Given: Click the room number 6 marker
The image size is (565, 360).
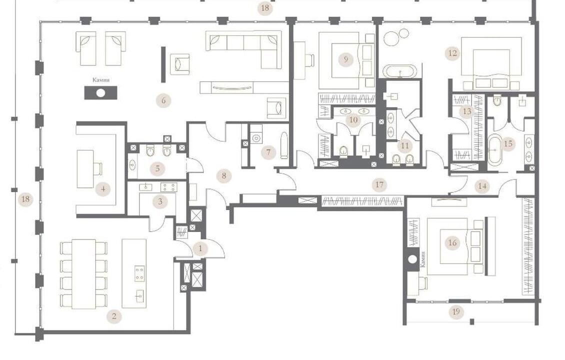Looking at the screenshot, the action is [x=163, y=100].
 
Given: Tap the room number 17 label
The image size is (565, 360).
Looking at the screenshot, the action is [x=379, y=185].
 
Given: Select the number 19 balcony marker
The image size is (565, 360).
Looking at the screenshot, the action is [x=456, y=311].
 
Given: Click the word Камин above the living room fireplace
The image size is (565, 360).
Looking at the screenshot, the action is [x=101, y=80].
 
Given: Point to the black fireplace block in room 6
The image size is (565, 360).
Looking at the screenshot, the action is [x=100, y=93].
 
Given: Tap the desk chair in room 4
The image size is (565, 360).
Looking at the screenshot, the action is [x=98, y=168].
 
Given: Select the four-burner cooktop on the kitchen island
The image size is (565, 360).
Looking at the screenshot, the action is [x=140, y=273].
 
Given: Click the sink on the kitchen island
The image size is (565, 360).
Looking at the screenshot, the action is [x=140, y=296].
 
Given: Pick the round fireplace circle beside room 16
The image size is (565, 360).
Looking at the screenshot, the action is [x=413, y=259].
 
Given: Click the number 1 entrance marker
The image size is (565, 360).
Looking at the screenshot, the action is [x=200, y=248].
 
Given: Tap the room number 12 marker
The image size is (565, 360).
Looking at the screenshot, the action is [x=452, y=53].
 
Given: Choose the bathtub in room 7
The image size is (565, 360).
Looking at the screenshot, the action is [x=284, y=145].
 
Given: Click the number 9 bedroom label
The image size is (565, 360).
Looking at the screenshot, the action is [x=346, y=59].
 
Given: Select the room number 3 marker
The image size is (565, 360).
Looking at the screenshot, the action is [x=160, y=201].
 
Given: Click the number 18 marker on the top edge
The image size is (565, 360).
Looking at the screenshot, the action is [x=265, y=7].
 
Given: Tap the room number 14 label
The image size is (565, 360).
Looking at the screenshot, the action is [x=482, y=186].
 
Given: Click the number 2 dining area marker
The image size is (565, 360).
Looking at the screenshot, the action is [x=114, y=316].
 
